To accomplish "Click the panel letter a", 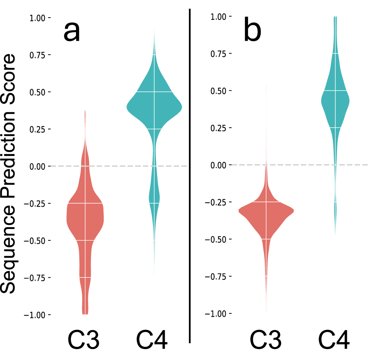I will (72, 32).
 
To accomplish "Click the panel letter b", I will (252, 31).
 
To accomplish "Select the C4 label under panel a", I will (152, 340).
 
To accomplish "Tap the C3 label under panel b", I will (266, 339).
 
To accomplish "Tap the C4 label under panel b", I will (334, 339).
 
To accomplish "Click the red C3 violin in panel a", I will (85, 220).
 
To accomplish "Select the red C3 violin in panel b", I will (266, 213).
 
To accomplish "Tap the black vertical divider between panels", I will (190, 176).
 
